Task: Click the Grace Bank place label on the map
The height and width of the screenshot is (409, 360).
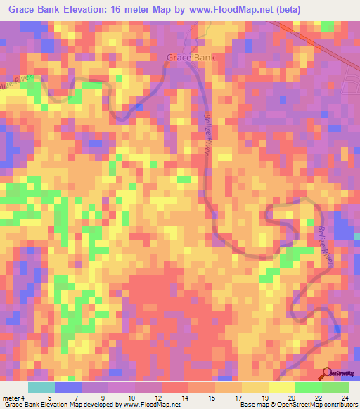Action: pyautogui.click(x=191, y=58)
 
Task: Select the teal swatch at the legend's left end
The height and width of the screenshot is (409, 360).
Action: pyautogui.click(x=41, y=387)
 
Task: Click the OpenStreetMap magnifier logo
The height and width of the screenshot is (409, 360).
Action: pyautogui.click(x=327, y=372)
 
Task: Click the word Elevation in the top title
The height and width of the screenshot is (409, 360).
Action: pyautogui.click(x=87, y=10)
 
